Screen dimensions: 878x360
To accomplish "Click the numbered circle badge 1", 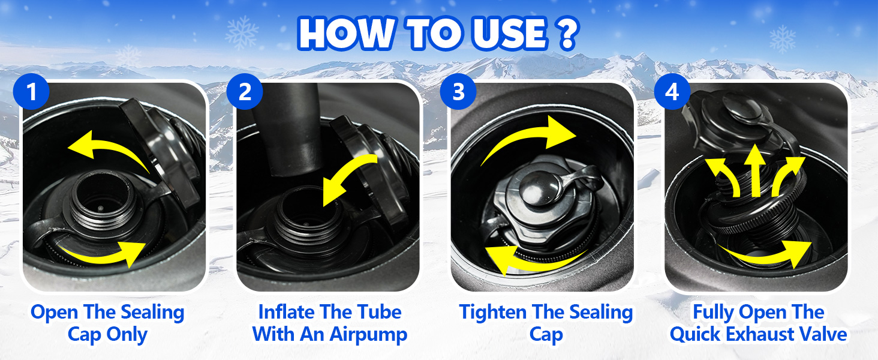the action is pyautogui.click(x=31, y=92).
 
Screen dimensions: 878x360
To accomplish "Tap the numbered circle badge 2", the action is pyautogui.click(x=245, y=92).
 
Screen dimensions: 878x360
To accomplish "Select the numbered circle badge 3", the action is pyautogui.click(x=458, y=92).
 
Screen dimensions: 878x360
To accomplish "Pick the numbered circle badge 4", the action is pyautogui.click(x=672, y=92).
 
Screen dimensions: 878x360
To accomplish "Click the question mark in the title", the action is pyautogui.click(x=567, y=33).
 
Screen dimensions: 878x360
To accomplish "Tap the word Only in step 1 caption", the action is pyautogui.click(x=127, y=335).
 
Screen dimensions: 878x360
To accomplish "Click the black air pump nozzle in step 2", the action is pyautogui.click(x=291, y=130).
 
